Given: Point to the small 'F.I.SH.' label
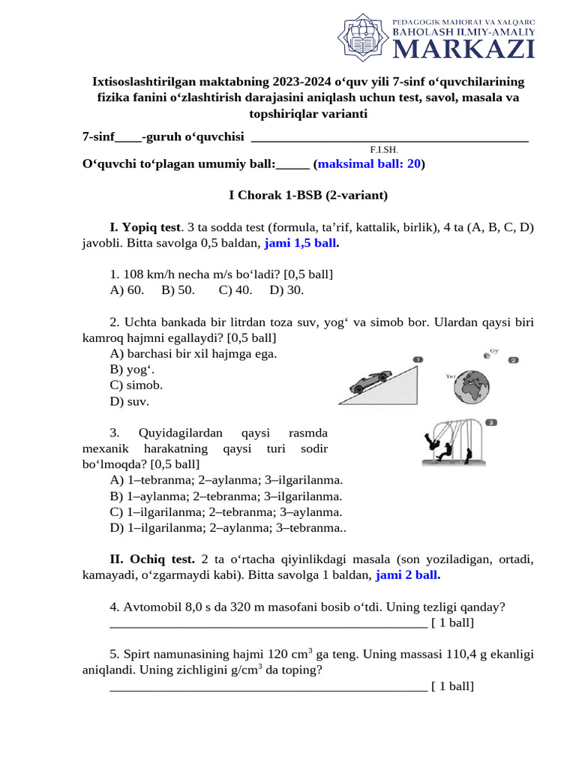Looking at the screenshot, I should (383, 149).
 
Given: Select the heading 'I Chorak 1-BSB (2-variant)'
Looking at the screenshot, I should (307, 195).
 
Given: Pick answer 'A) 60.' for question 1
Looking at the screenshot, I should (127, 289).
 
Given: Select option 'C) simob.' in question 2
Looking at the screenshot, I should (136, 385).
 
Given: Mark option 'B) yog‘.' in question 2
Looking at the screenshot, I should (127, 369).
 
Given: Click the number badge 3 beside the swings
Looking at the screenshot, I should (490, 422).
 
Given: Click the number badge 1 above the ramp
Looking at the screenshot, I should (418, 358).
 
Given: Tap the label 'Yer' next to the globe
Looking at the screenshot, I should (451, 376).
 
